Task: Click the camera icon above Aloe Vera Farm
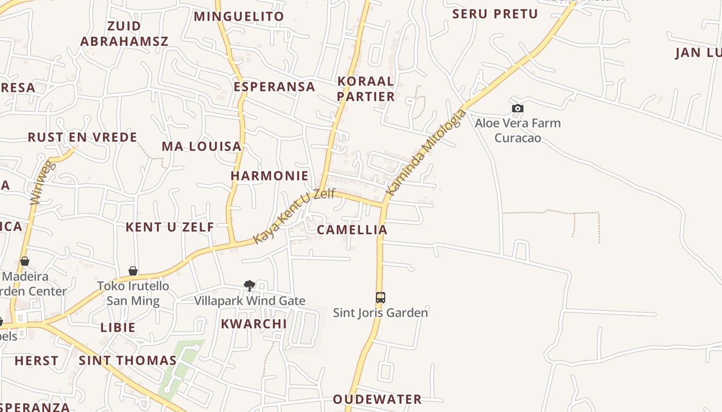[518, 108]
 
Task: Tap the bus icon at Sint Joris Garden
[380, 297]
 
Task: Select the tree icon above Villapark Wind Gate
[250, 285]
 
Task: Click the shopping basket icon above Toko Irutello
[133, 271]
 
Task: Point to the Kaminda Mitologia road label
[426, 153]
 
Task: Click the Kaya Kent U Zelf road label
[294, 216]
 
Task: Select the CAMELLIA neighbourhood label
[352, 230]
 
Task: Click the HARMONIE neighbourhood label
[269, 176]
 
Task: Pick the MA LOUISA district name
[202, 146]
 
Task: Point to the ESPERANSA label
[274, 87]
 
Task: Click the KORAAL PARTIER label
[366, 89]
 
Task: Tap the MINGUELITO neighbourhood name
[239, 16]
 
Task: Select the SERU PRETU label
[495, 14]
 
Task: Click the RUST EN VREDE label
[83, 138]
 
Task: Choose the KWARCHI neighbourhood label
[254, 324]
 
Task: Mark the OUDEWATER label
[377, 399]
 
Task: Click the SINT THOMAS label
[128, 360]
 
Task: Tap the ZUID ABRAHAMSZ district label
[124, 33]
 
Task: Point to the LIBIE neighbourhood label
[118, 328]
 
